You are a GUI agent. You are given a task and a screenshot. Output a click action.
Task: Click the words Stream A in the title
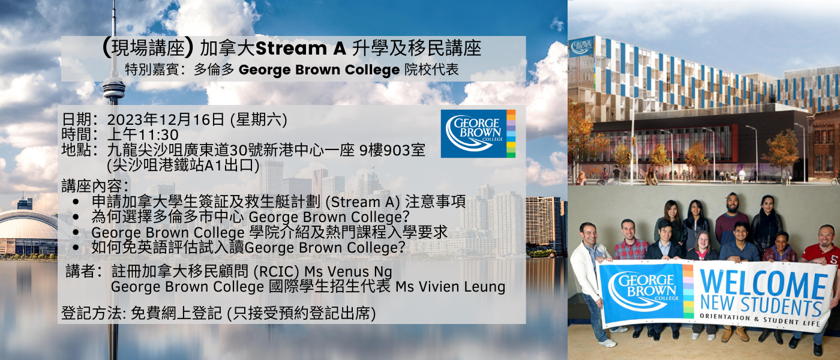(301, 49)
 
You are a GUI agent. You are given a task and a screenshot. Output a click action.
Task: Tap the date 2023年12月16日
(166, 119)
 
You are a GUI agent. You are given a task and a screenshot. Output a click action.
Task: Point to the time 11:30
(158, 134)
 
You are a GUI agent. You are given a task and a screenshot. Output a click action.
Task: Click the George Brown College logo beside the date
(478, 133)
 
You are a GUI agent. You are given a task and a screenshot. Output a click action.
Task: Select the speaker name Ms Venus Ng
(349, 271)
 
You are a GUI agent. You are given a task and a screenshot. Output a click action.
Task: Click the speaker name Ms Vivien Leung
(451, 287)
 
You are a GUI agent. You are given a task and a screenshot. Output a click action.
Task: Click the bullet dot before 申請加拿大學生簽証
(76, 202)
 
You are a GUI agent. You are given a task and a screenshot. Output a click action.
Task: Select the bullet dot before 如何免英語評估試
(76, 247)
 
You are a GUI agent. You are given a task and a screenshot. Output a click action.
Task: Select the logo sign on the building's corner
(581, 47)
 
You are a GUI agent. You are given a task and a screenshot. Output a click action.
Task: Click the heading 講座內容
(95, 186)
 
